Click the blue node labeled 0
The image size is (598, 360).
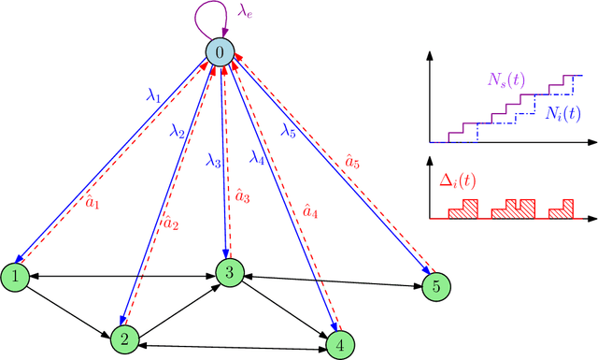pyautogui.click(x=220, y=53)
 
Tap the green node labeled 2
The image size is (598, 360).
pyautogui.click(x=124, y=338)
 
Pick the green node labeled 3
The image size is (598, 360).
pyautogui.click(x=229, y=272)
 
